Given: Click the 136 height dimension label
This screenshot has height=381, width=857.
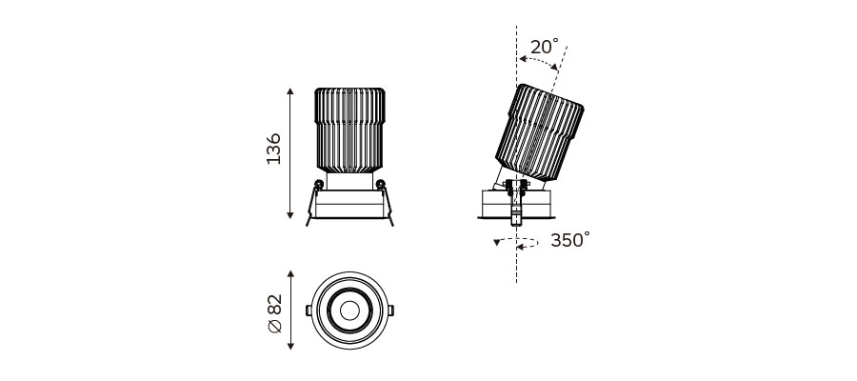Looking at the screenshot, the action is (273, 149).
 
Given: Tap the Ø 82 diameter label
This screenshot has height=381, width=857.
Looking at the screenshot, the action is (275, 313).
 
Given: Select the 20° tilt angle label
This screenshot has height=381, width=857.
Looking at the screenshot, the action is (545, 47).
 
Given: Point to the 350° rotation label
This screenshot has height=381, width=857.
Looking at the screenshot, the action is (570, 240).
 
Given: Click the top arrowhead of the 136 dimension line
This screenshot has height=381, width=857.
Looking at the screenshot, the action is (290, 91).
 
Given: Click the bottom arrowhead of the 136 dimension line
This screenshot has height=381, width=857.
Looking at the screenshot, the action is (290, 215).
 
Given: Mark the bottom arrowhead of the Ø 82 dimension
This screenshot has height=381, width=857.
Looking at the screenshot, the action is (290, 346).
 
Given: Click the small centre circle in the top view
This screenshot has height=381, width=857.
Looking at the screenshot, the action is (349, 311).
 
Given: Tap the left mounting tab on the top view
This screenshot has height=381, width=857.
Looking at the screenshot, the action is (309, 311).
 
